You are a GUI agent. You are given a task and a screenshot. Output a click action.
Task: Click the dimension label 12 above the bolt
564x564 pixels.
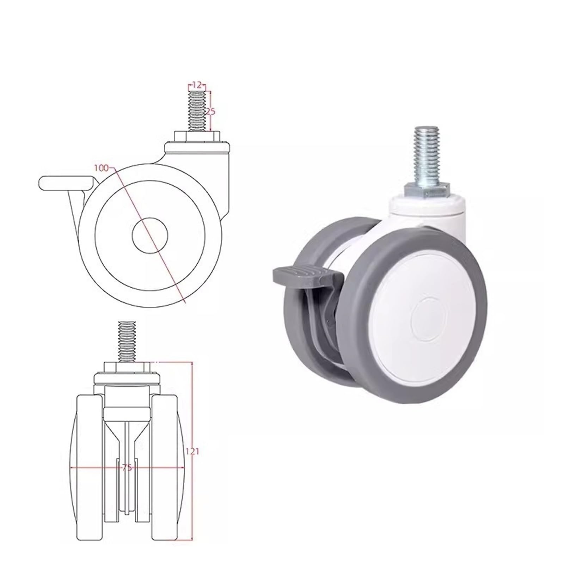pos(197,85)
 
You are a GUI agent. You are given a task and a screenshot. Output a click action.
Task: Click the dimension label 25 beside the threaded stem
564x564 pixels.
pos(210,111)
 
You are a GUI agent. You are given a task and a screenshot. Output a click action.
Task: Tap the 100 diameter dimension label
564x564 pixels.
pos(101,168)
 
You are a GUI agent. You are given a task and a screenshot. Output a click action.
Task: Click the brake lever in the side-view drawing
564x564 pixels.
pos(65,183)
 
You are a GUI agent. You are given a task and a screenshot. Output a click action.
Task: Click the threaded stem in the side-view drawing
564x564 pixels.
pos(197,110)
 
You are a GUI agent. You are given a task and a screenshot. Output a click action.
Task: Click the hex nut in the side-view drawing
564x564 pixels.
pos(197,136)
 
